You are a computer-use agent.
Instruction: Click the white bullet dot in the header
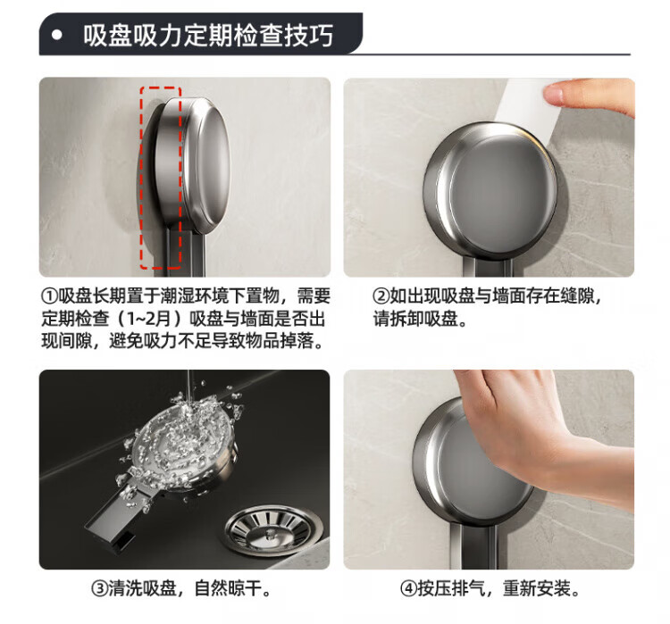[57, 35]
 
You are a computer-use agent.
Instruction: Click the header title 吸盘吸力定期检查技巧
[208, 35]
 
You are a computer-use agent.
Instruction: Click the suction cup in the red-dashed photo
[185, 167]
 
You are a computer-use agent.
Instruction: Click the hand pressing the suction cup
[542, 437]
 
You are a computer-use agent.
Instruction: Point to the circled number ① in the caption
[49, 295]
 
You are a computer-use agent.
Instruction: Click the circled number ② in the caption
[381, 295]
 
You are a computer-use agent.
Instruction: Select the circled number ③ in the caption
[99, 588]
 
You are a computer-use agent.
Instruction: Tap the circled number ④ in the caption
[408, 588]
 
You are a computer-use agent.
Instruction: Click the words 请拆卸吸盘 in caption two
[415, 318]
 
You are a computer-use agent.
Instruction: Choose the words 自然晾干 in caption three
[228, 588]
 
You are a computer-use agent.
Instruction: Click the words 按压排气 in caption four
[451, 588]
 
